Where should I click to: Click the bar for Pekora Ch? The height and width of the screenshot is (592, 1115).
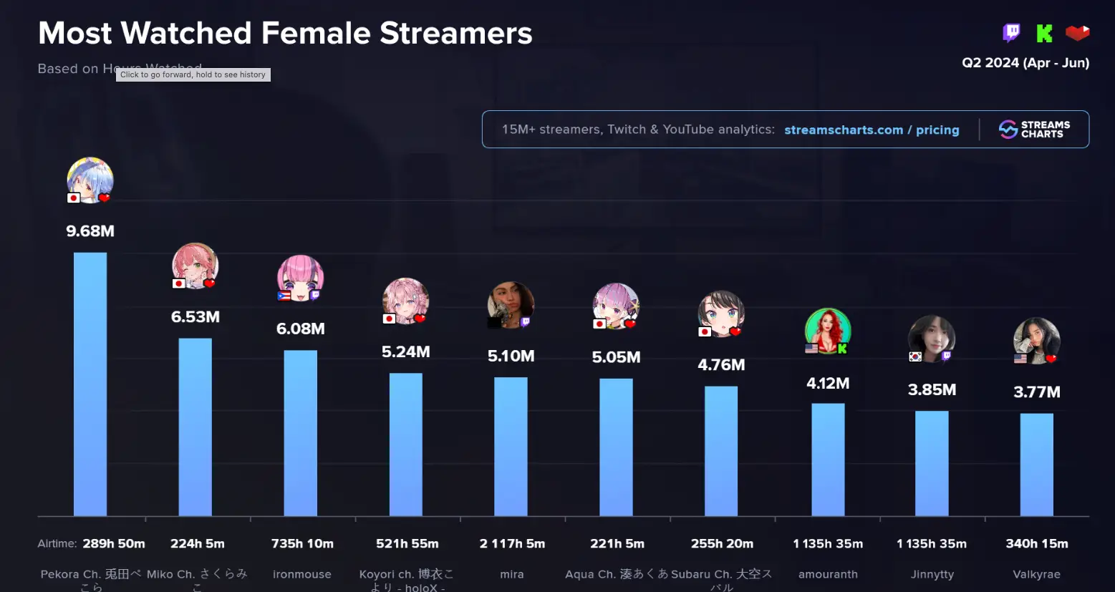click(90, 384)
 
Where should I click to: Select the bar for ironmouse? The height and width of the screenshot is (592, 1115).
click(300, 432)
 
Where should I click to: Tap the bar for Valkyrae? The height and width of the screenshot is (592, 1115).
click(1036, 464)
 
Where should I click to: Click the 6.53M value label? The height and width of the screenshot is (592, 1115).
click(196, 317)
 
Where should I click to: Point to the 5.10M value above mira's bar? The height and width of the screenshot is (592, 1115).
click(511, 356)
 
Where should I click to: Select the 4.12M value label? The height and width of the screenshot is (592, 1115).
click(828, 384)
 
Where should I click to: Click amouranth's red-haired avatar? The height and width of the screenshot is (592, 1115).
click(828, 331)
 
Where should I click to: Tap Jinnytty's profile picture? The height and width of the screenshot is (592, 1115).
click(932, 339)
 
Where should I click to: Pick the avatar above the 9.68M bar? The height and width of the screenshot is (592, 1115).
click(90, 180)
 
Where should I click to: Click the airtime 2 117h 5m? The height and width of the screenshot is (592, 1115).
click(512, 544)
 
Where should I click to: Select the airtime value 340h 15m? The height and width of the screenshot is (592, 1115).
click(1036, 544)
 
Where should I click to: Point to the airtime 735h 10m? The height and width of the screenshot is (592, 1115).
click(302, 544)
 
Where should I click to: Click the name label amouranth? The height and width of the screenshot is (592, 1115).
click(828, 575)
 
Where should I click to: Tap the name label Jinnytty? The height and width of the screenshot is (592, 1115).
click(932, 575)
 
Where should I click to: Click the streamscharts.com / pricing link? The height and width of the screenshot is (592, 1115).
click(872, 130)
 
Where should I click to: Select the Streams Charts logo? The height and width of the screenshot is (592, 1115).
click(1034, 130)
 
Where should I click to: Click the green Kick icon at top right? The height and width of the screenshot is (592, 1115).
click(1044, 33)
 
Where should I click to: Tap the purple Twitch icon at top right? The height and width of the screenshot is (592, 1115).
click(1011, 33)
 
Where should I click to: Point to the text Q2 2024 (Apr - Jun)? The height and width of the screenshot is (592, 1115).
click(1025, 63)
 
